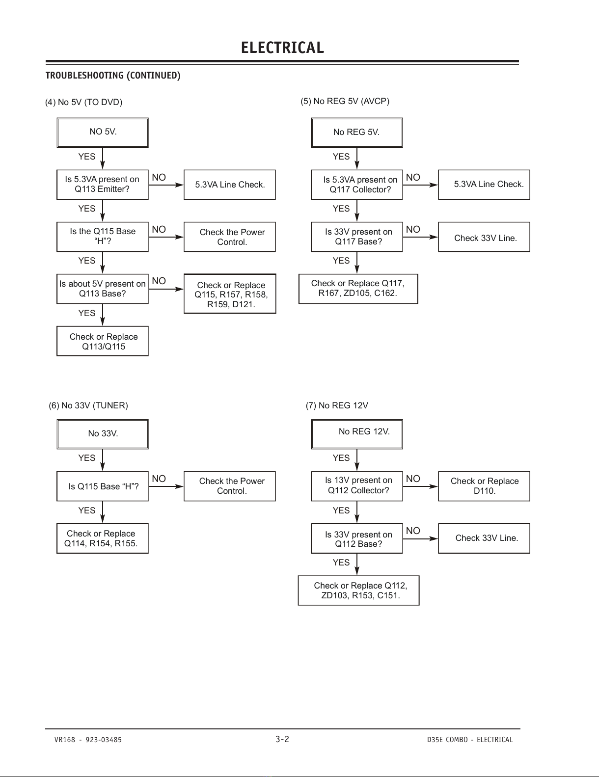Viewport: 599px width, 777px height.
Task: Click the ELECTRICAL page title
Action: coord(282,48)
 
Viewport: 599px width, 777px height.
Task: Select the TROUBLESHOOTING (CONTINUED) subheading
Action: coord(113,76)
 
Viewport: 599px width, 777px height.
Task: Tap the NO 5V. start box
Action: coord(103,133)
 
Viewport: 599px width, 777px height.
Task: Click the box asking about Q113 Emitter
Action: coord(103,185)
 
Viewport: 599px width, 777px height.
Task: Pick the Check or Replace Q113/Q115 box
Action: coord(103,341)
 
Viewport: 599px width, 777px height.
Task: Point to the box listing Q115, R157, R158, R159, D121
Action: coord(230,294)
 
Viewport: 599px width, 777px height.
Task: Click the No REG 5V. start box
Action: coord(357,133)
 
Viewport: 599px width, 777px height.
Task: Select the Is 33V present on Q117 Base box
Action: coord(357,237)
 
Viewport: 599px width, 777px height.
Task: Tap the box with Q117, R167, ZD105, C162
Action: coord(358,289)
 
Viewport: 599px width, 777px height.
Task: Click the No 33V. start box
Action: coord(103,434)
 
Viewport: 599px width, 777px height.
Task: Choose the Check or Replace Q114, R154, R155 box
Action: coord(103,538)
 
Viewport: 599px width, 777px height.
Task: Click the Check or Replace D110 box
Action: coord(484,486)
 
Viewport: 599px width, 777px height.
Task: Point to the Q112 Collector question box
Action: coord(357,486)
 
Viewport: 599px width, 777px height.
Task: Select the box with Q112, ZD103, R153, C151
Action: coord(359,590)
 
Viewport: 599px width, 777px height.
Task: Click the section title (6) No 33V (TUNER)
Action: coord(88,405)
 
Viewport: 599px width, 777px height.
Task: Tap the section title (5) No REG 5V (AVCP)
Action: coord(345,101)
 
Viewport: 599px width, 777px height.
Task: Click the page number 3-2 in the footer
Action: coord(282,739)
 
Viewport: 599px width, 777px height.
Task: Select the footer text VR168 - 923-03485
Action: coord(88,740)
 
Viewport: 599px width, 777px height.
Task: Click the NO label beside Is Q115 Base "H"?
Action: coord(159,479)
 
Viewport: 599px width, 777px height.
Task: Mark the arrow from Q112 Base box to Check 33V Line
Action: coord(420,538)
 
